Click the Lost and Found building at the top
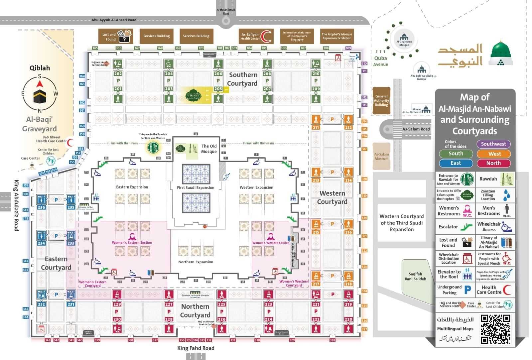[x=115, y=36]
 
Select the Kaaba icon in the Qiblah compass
[x=40, y=95]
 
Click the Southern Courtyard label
[x=243, y=79]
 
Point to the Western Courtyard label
[x=332, y=197]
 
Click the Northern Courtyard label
[x=195, y=311]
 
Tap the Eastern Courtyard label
[x=56, y=263]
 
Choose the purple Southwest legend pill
[x=493, y=144]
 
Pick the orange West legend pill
[x=493, y=154]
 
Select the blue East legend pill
[x=456, y=163]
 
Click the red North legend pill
[x=493, y=163]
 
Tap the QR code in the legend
[x=495, y=329]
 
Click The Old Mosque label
[x=209, y=149]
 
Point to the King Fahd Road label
[x=196, y=348]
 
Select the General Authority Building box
[x=381, y=101]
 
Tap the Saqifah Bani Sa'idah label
[x=415, y=277]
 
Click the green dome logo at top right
[x=501, y=53]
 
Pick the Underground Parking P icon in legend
[x=467, y=290]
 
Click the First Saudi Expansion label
[x=196, y=188]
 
